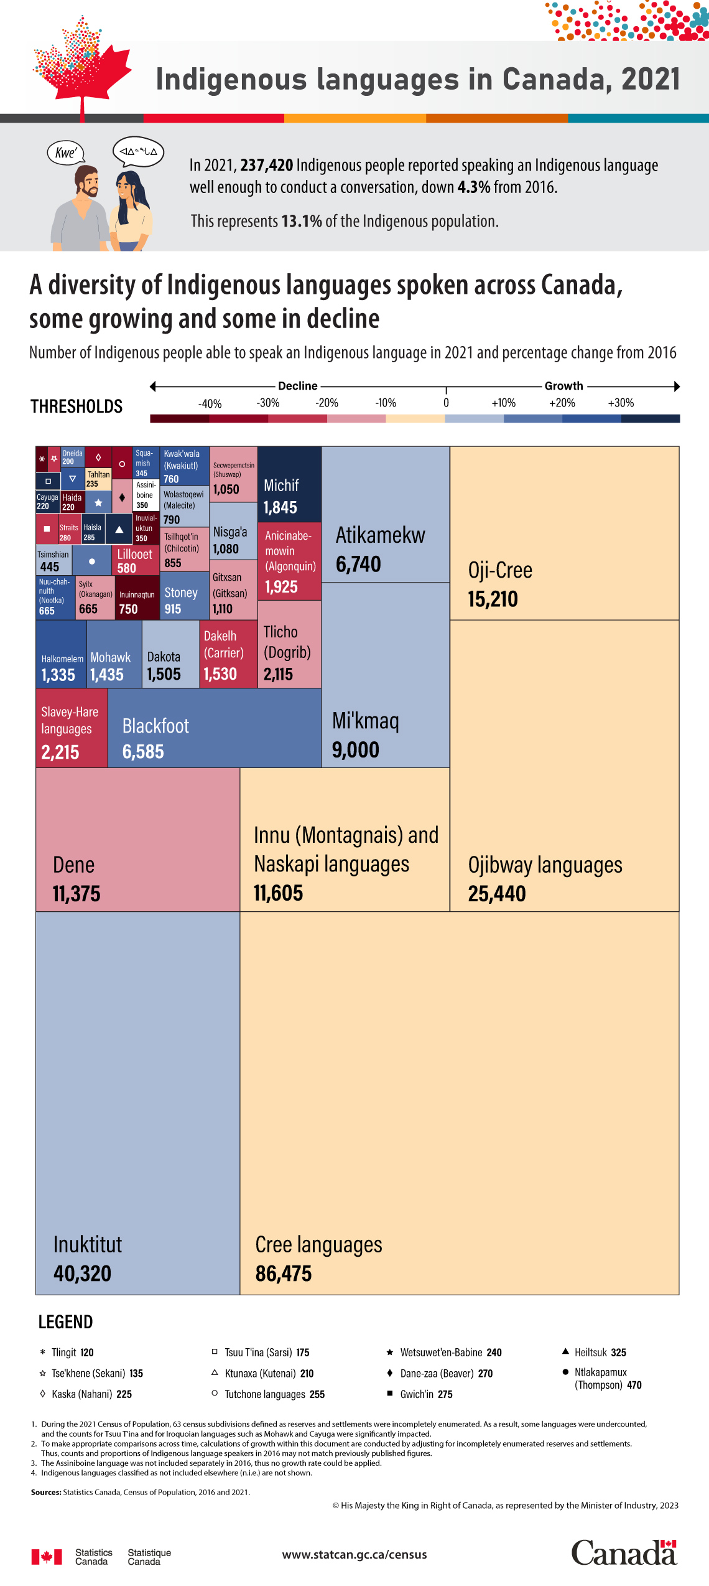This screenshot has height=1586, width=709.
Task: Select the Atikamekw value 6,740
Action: point(358,565)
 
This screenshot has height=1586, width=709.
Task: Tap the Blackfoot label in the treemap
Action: point(155,726)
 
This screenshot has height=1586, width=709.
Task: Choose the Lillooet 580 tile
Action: point(136,560)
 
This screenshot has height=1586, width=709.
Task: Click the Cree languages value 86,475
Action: point(284,1274)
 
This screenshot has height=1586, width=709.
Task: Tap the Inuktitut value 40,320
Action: point(82,1274)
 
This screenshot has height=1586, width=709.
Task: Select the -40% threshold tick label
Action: point(210,403)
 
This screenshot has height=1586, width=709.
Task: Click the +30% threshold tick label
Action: point(621,403)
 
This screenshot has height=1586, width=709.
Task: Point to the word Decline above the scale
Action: point(298,386)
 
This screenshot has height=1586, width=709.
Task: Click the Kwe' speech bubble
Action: point(66,152)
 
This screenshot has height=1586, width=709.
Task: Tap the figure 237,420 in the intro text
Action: point(266,165)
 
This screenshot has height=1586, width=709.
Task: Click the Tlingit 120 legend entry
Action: point(67,1352)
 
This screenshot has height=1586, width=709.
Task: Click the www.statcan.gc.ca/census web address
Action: point(354,1554)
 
